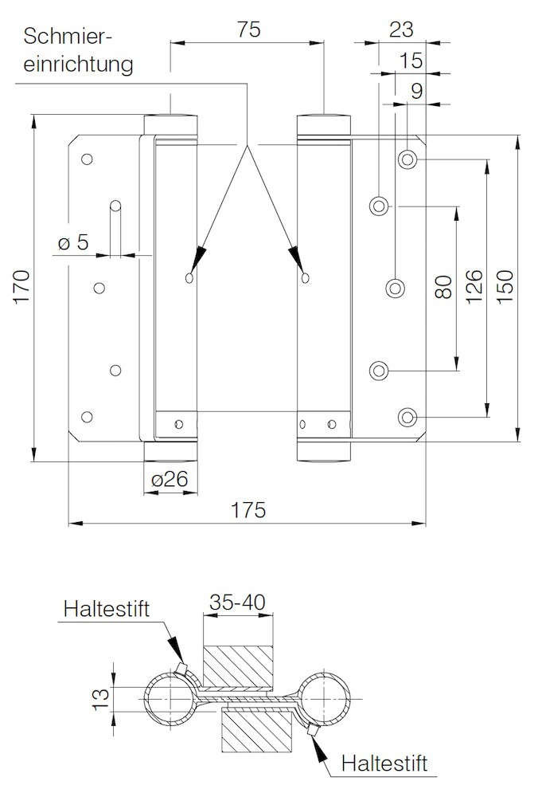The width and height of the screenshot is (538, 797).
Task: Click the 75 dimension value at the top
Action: click(248, 29)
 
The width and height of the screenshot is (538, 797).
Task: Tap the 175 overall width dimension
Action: click(248, 510)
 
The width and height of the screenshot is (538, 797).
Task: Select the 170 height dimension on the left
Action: click(21, 287)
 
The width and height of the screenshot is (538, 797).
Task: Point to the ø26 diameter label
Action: click(170, 479)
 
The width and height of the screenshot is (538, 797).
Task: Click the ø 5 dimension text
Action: click(73, 242)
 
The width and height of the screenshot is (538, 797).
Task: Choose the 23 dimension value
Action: click(401, 29)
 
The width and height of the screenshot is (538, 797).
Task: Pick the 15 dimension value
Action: click(411, 61)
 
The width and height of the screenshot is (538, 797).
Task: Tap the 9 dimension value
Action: click(416, 91)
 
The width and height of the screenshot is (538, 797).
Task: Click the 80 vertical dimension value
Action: click(443, 287)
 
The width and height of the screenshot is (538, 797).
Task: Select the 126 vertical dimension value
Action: click(474, 287)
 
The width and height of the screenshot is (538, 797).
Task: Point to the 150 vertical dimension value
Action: click(505, 287)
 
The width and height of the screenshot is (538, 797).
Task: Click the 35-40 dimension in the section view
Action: click(237, 603)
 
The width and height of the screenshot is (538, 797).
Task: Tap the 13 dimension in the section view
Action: click(102, 699)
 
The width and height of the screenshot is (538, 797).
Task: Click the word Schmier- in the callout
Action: click(67, 37)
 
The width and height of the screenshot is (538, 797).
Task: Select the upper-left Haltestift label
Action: click(107, 608)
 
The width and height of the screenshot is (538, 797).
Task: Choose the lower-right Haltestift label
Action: click(384, 763)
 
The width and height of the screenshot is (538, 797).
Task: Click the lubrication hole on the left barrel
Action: click(189, 277)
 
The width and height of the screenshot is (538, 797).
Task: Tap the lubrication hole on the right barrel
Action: click(305, 277)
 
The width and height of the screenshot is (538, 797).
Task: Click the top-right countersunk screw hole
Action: click(407, 159)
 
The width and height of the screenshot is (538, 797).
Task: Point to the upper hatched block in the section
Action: click(237, 667)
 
